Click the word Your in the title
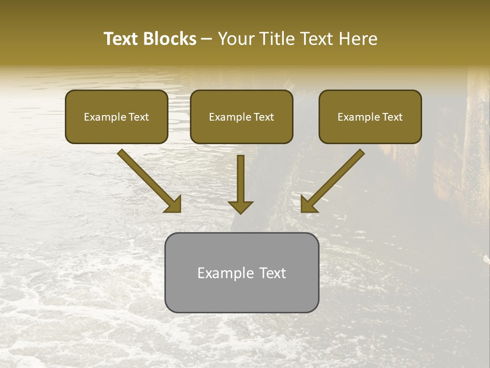click(235, 39)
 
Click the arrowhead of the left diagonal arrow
click(174, 204)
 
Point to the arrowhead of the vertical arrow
click(240, 207)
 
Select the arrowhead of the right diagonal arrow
click(308, 204)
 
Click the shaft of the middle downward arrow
click(240, 176)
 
